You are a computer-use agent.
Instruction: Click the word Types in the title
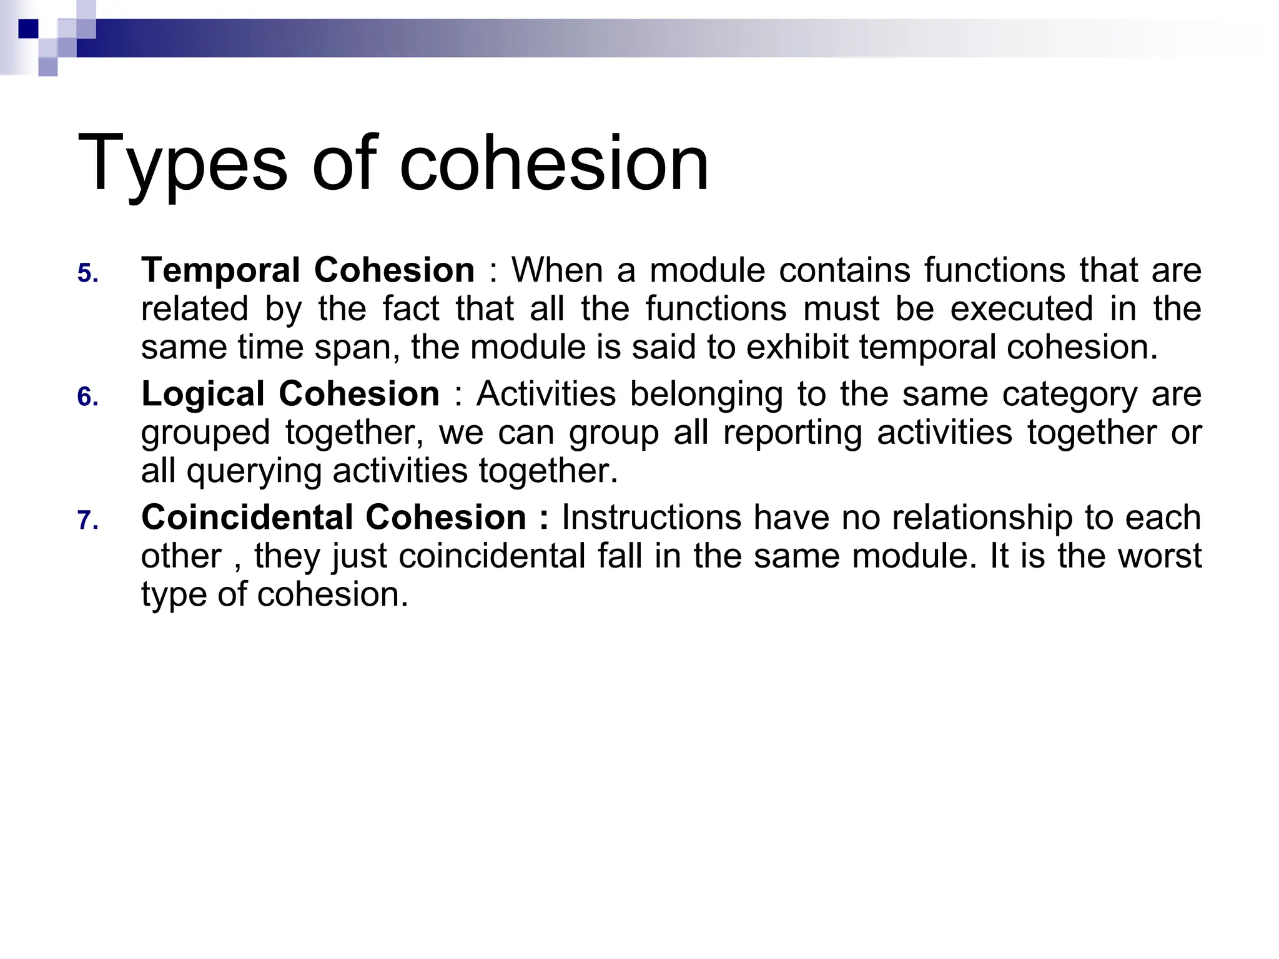pos(182,164)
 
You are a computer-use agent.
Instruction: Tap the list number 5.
pos(88,274)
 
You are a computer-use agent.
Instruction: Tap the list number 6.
pos(88,397)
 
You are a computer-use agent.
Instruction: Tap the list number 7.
pos(88,520)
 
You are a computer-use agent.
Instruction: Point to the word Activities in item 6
pos(546,394)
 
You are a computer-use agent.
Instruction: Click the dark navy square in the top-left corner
pos(28,29)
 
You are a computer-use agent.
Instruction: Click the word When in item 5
pos(558,270)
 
